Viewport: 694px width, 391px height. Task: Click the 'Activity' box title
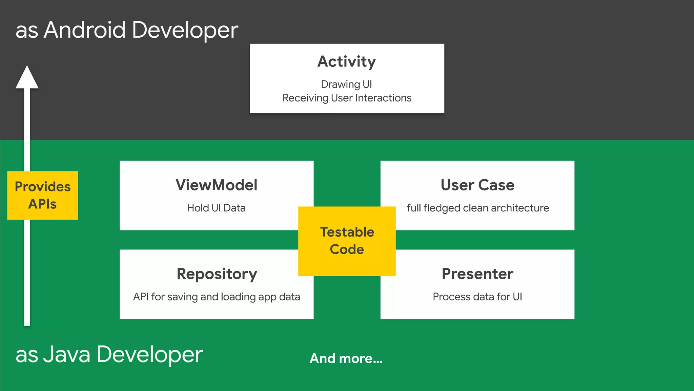tap(347, 62)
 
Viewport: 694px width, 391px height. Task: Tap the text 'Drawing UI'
tap(346, 84)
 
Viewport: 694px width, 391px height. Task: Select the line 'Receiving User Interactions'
tap(347, 98)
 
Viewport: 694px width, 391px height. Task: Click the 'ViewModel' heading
tap(216, 185)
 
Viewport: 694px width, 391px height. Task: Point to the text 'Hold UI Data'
tap(216, 208)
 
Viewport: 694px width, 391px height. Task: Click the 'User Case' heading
tap(477, 185)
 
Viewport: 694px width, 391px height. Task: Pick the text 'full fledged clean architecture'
tap(477, 208)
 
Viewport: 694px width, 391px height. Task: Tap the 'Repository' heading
tap(217, 274)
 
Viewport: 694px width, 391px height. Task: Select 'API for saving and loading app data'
tap(216, 297)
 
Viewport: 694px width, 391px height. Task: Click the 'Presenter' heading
tap(477, 274)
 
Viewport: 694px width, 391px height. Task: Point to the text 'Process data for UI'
tap(477, 297)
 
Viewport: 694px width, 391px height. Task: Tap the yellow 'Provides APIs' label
tap(42, 195)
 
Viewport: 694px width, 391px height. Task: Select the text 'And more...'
tap(346, 358)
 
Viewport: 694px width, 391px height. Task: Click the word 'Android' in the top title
tap(85, 30)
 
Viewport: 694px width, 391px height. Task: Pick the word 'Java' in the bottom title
tap(67, 354)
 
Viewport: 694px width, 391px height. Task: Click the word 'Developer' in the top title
tap(185, 31)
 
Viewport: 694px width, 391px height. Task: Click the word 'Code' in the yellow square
tap(347, 249)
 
